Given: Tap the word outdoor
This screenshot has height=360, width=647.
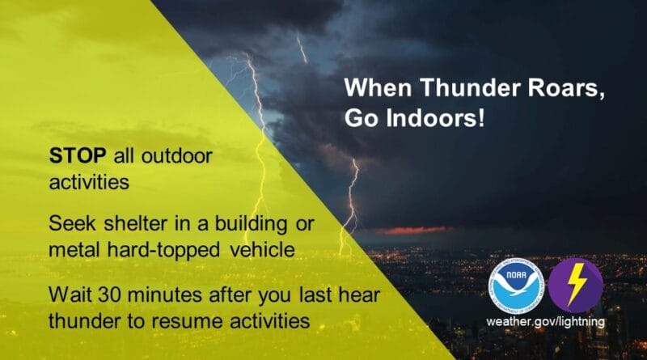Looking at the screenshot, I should click(172, 155).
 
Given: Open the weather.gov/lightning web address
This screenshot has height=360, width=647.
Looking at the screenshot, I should click(545, 322).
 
